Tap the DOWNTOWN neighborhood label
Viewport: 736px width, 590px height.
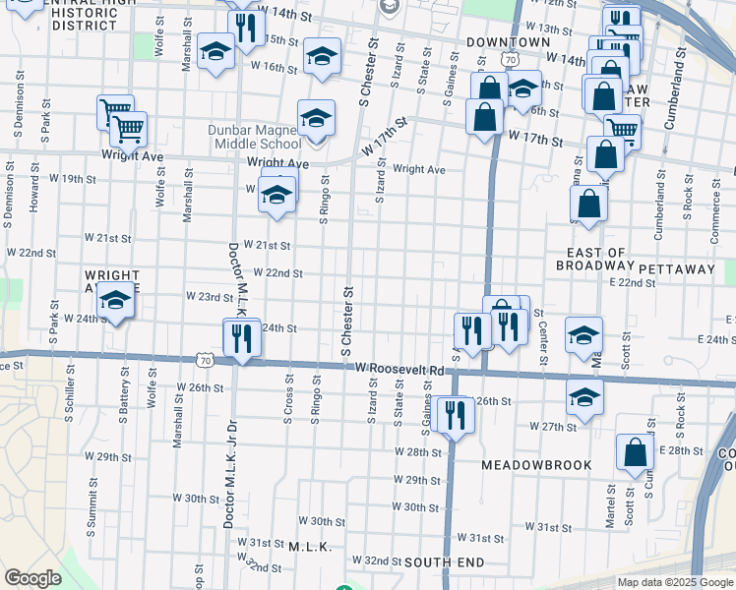[508, 42]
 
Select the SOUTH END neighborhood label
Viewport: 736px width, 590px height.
[444, 561]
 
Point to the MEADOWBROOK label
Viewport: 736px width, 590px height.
[536, 464]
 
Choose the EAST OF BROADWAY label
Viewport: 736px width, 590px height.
[591, 259]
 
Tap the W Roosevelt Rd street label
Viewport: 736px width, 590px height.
[399, 367]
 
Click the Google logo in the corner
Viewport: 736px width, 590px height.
[32, 578]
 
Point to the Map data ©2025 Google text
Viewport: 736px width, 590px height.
[675, 582]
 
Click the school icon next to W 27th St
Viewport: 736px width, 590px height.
[584, 397]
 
